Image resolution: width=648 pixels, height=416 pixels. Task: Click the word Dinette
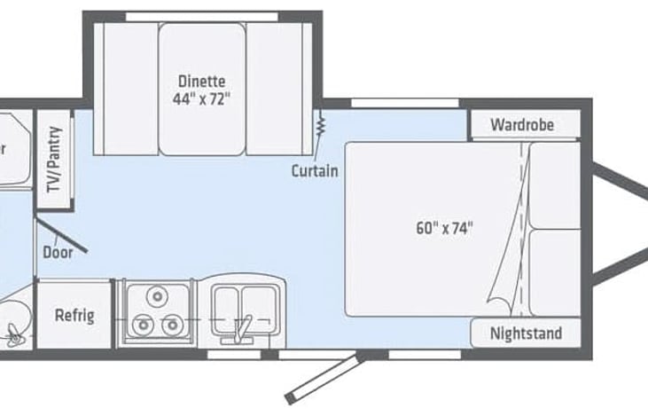[x=201, y=81]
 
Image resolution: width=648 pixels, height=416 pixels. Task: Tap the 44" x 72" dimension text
[x=201, y=98]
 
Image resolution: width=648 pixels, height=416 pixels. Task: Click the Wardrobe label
[x=523, y=125]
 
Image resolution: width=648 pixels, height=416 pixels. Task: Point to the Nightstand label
[x=527, y=334]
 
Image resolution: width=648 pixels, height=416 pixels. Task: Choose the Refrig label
[x=74, y=316]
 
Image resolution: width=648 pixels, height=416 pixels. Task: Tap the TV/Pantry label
[x=55, y=160]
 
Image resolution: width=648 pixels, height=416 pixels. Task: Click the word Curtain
[x=315, y=169]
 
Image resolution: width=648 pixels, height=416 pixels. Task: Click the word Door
[x=58, y=251]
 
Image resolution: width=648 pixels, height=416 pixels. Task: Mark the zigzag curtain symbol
[x=318, y=126]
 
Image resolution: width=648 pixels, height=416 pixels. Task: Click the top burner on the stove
[x=158, y=295]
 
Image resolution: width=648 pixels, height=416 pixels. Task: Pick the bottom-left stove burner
[x=141, y=326]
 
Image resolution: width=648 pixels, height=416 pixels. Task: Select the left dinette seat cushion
[x=126, y=88]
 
